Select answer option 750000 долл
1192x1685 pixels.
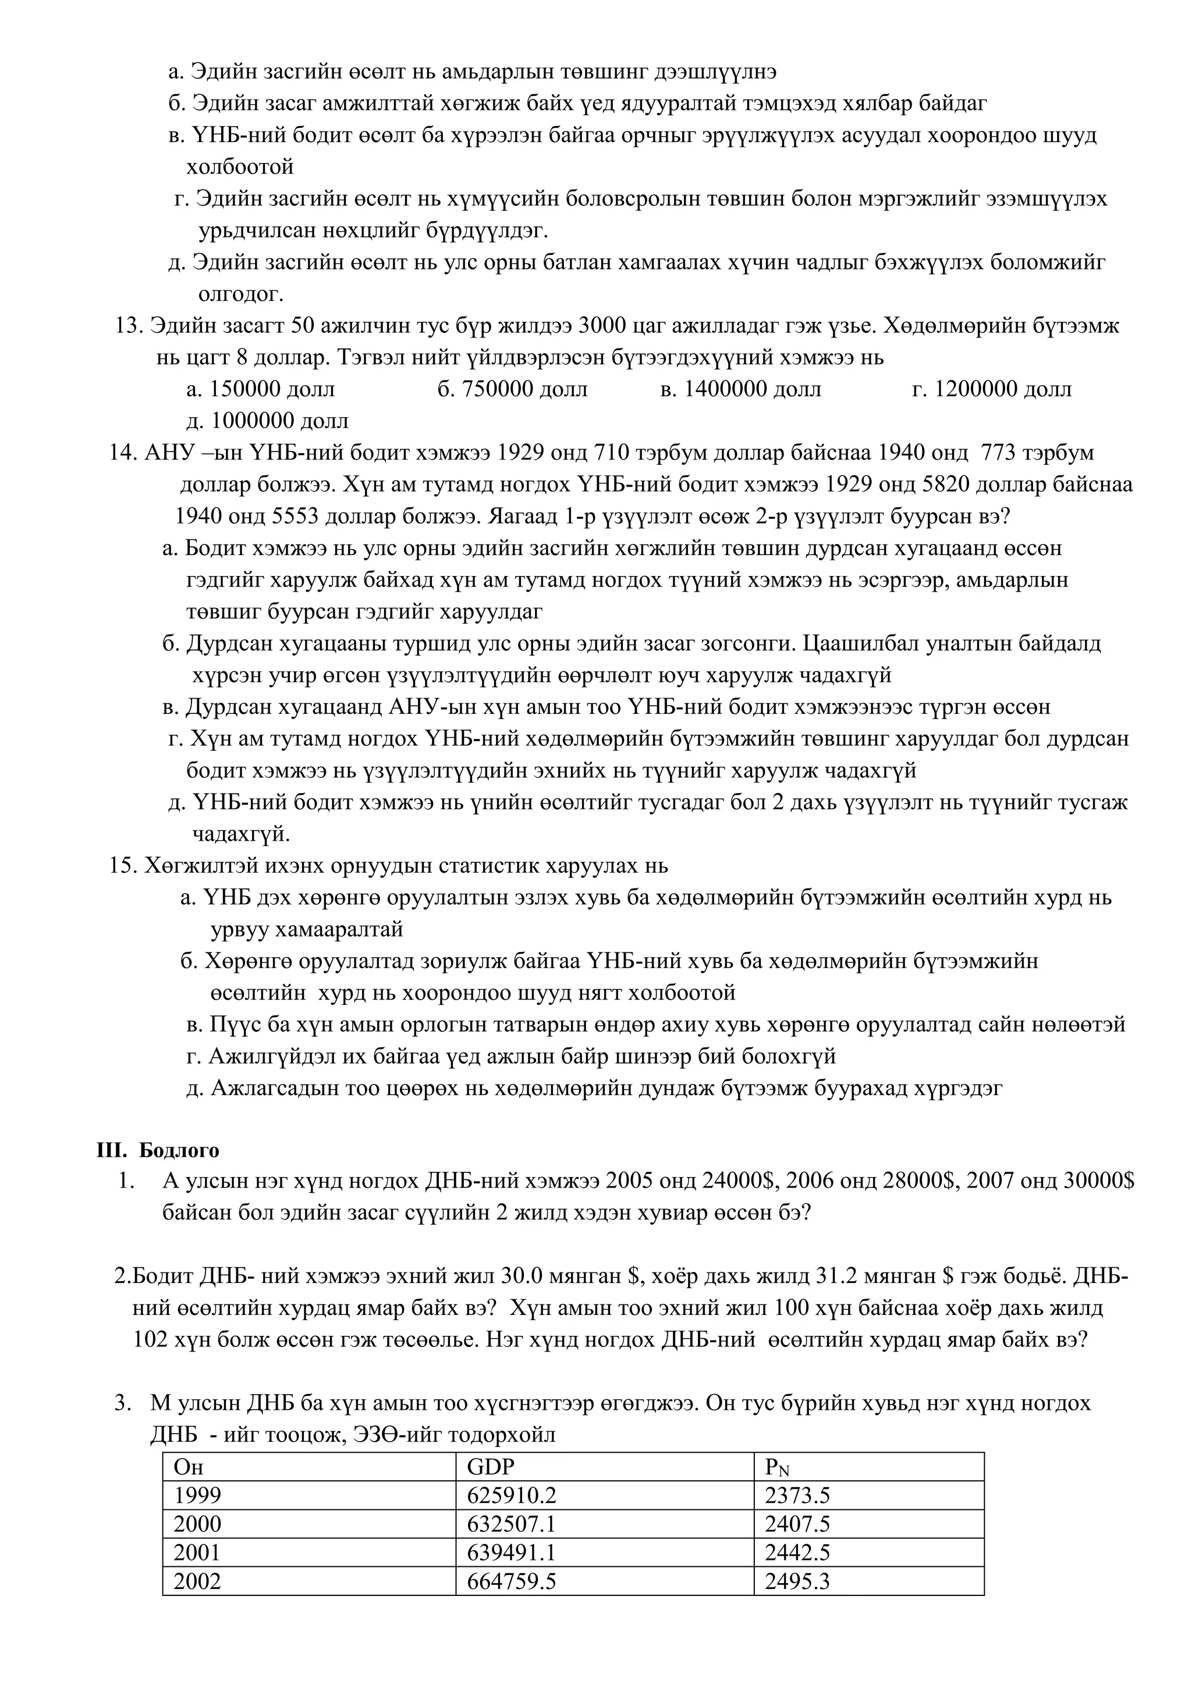pos(512,389)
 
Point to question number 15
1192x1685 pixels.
pos(123,865)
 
